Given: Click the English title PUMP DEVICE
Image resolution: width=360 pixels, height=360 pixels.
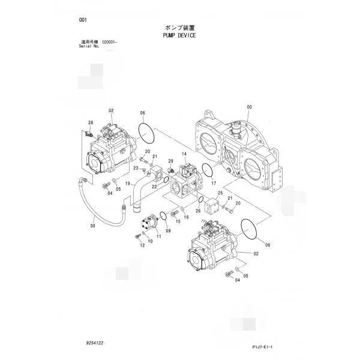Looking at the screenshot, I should click(179, 35).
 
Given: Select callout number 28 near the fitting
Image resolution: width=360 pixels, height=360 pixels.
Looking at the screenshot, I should click(90, 122).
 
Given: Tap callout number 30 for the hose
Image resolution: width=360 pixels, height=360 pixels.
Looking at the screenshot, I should click(92, 226).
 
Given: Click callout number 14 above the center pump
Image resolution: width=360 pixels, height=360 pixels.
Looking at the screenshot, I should click(184, 154).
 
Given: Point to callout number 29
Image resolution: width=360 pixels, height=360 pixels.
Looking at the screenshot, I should click(170, 161).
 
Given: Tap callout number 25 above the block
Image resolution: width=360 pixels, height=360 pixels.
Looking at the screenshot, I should click(220, 193).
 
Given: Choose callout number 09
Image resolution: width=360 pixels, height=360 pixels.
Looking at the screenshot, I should click(168, 230).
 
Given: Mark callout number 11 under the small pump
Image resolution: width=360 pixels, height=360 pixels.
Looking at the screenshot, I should click(159, 236).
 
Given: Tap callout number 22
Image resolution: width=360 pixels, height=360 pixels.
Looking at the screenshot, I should click(154, 187).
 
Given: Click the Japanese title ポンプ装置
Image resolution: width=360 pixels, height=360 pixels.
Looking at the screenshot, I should click(179, 28).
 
